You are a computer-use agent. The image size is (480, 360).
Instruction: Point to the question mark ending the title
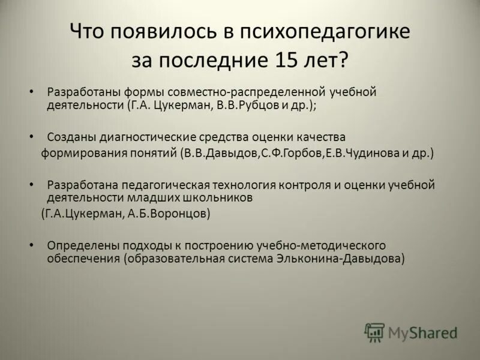[x=343, y=60]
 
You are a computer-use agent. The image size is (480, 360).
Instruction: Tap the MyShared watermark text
[x=422, y=332]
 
